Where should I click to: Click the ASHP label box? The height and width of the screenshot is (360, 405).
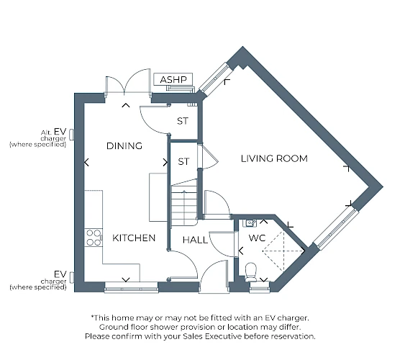coord(173,79)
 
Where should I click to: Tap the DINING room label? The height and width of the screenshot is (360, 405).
coord(124,146)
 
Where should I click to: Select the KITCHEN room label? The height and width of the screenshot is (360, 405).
coord(134,238)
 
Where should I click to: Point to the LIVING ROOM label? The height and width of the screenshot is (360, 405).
coord(274,158)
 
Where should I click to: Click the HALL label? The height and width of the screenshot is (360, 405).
coord(195,240)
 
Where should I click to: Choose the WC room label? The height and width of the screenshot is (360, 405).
coord(257,238)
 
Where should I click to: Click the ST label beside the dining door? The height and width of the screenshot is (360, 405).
coord(183,121)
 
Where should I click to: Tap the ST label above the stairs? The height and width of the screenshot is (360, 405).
coord(183,162)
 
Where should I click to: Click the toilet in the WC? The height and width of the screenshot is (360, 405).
coord(250,272)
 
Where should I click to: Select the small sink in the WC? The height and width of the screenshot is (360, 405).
coord(250,223)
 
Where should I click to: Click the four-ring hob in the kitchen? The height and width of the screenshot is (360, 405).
coord(94,238)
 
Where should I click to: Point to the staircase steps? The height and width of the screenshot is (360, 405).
coord(184,204)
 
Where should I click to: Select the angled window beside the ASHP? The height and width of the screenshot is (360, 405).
coord(214,78)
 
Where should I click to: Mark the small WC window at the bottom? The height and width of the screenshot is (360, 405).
coord(260,287)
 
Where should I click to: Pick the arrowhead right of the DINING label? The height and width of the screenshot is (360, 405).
coord(165,162)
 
